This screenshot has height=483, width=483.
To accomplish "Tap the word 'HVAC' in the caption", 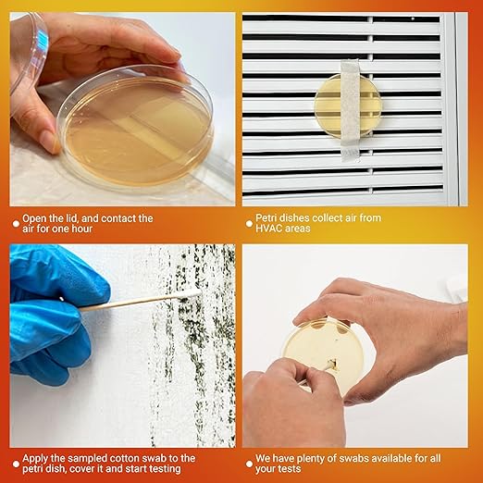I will click(x=271, y=229).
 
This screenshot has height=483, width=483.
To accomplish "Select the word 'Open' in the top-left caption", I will click(x=40, y=218).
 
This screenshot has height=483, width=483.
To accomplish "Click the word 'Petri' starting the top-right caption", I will click(x=269, y=218).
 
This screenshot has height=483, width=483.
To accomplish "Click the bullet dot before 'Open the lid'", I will click(x=16, y=220).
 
